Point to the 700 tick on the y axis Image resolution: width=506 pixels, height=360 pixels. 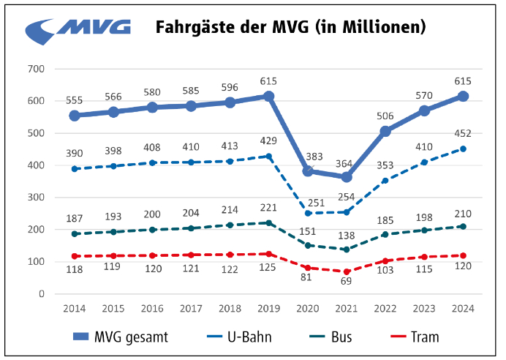36,69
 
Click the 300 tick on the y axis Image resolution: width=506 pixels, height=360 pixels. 36,198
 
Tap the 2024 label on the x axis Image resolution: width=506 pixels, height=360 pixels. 463,309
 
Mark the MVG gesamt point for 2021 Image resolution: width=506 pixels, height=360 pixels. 347,177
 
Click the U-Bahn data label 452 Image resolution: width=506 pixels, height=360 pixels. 462,134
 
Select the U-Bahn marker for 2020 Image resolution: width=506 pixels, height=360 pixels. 308,213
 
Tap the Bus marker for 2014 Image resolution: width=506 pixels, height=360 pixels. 75,233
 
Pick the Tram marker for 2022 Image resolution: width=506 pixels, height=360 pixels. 385,260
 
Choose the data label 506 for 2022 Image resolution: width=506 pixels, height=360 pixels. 385,116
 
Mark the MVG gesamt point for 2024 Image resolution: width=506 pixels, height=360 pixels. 463,96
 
